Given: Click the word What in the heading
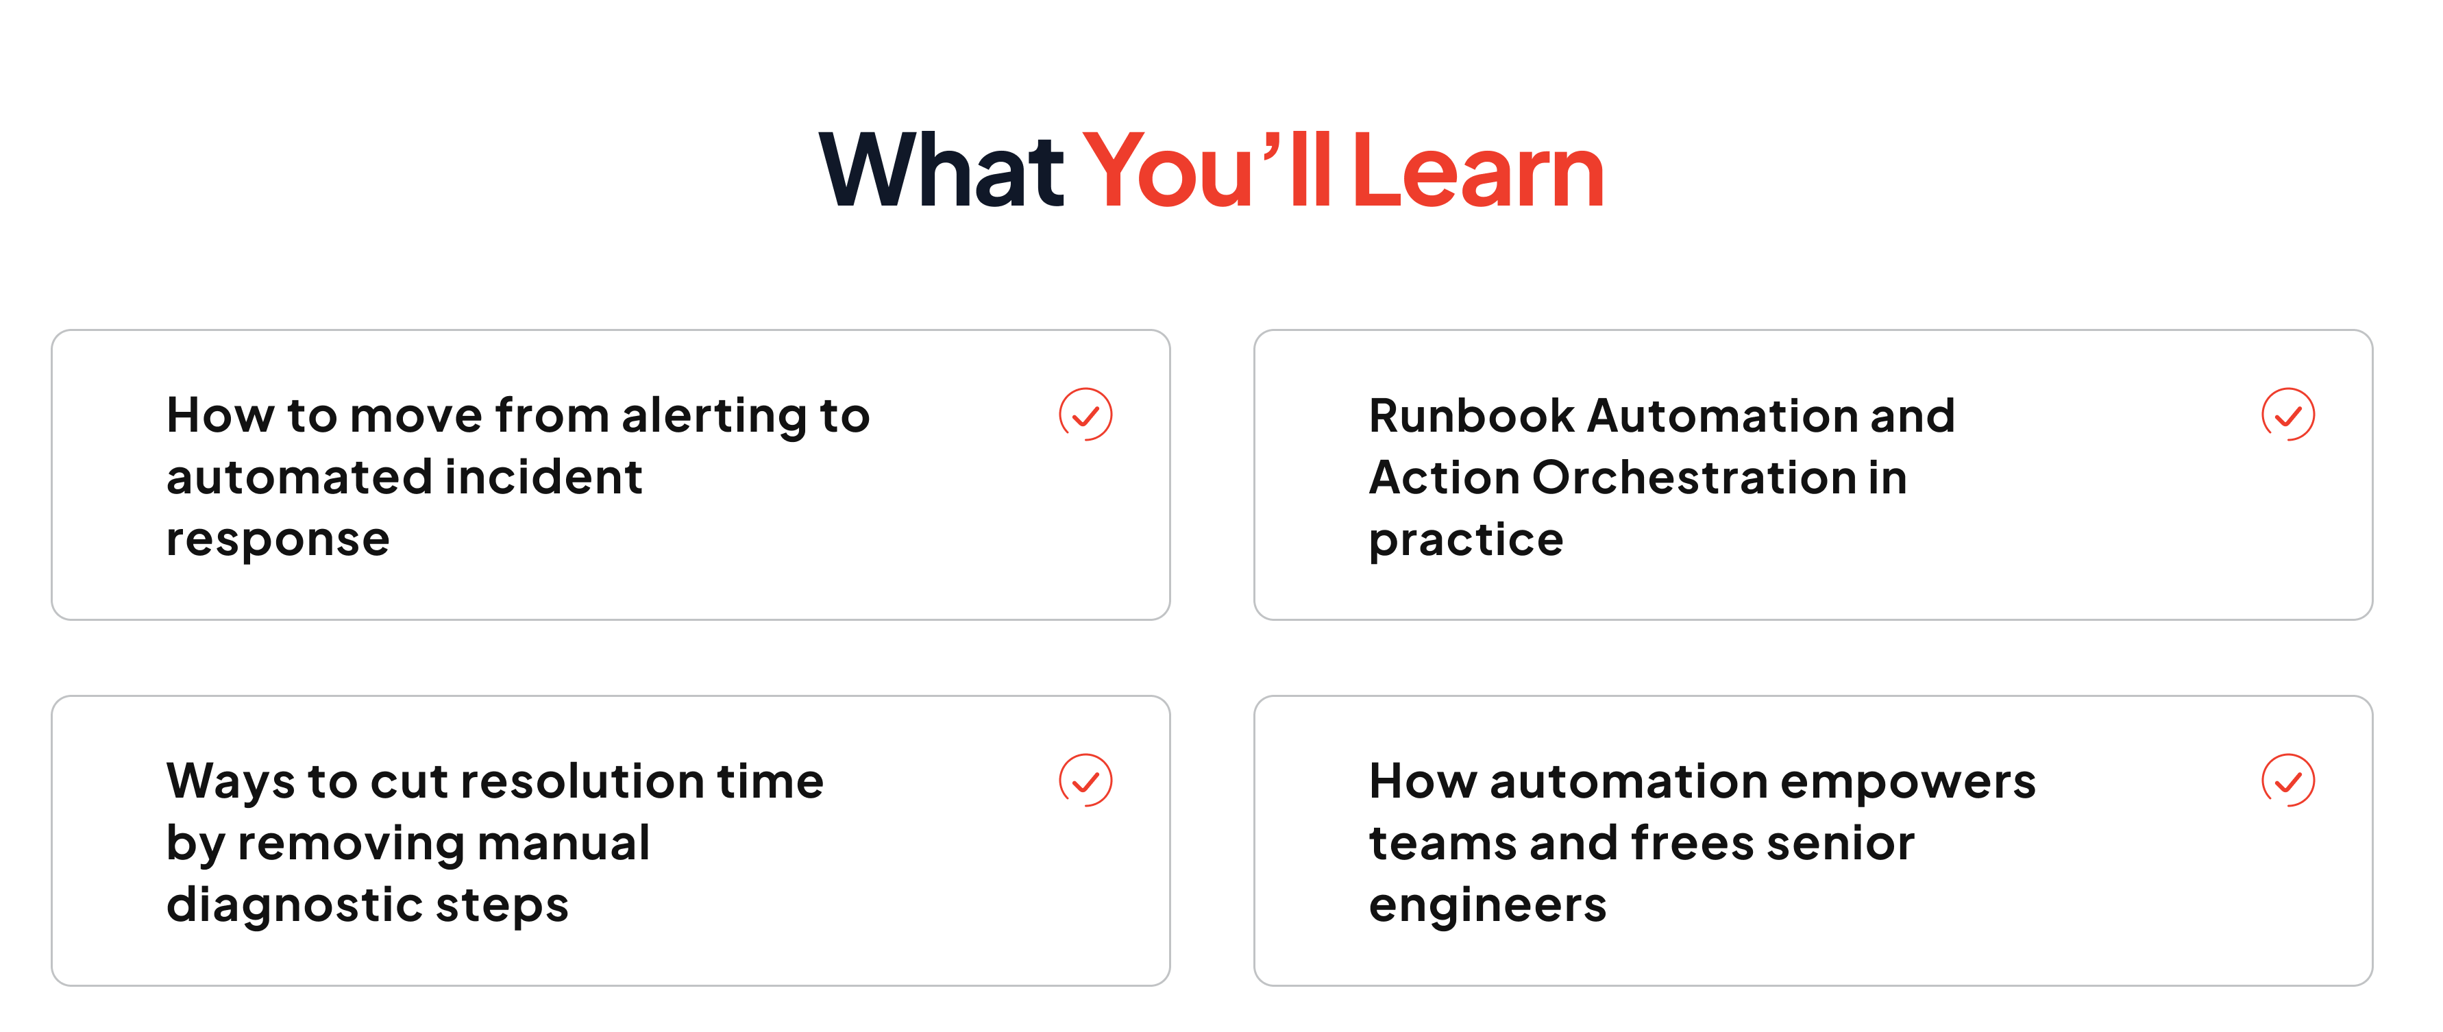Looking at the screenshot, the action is [x=942, y=171].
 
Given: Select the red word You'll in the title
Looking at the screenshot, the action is [x=1207, y=171].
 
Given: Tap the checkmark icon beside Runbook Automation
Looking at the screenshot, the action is [x=2288, y=415].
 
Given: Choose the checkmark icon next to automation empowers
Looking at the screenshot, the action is [x=2288, y=781].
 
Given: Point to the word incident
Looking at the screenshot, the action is [x=543, y=477].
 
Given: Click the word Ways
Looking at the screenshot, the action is [x=230, y=783].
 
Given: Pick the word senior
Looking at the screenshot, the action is [x=1841, y=844].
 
